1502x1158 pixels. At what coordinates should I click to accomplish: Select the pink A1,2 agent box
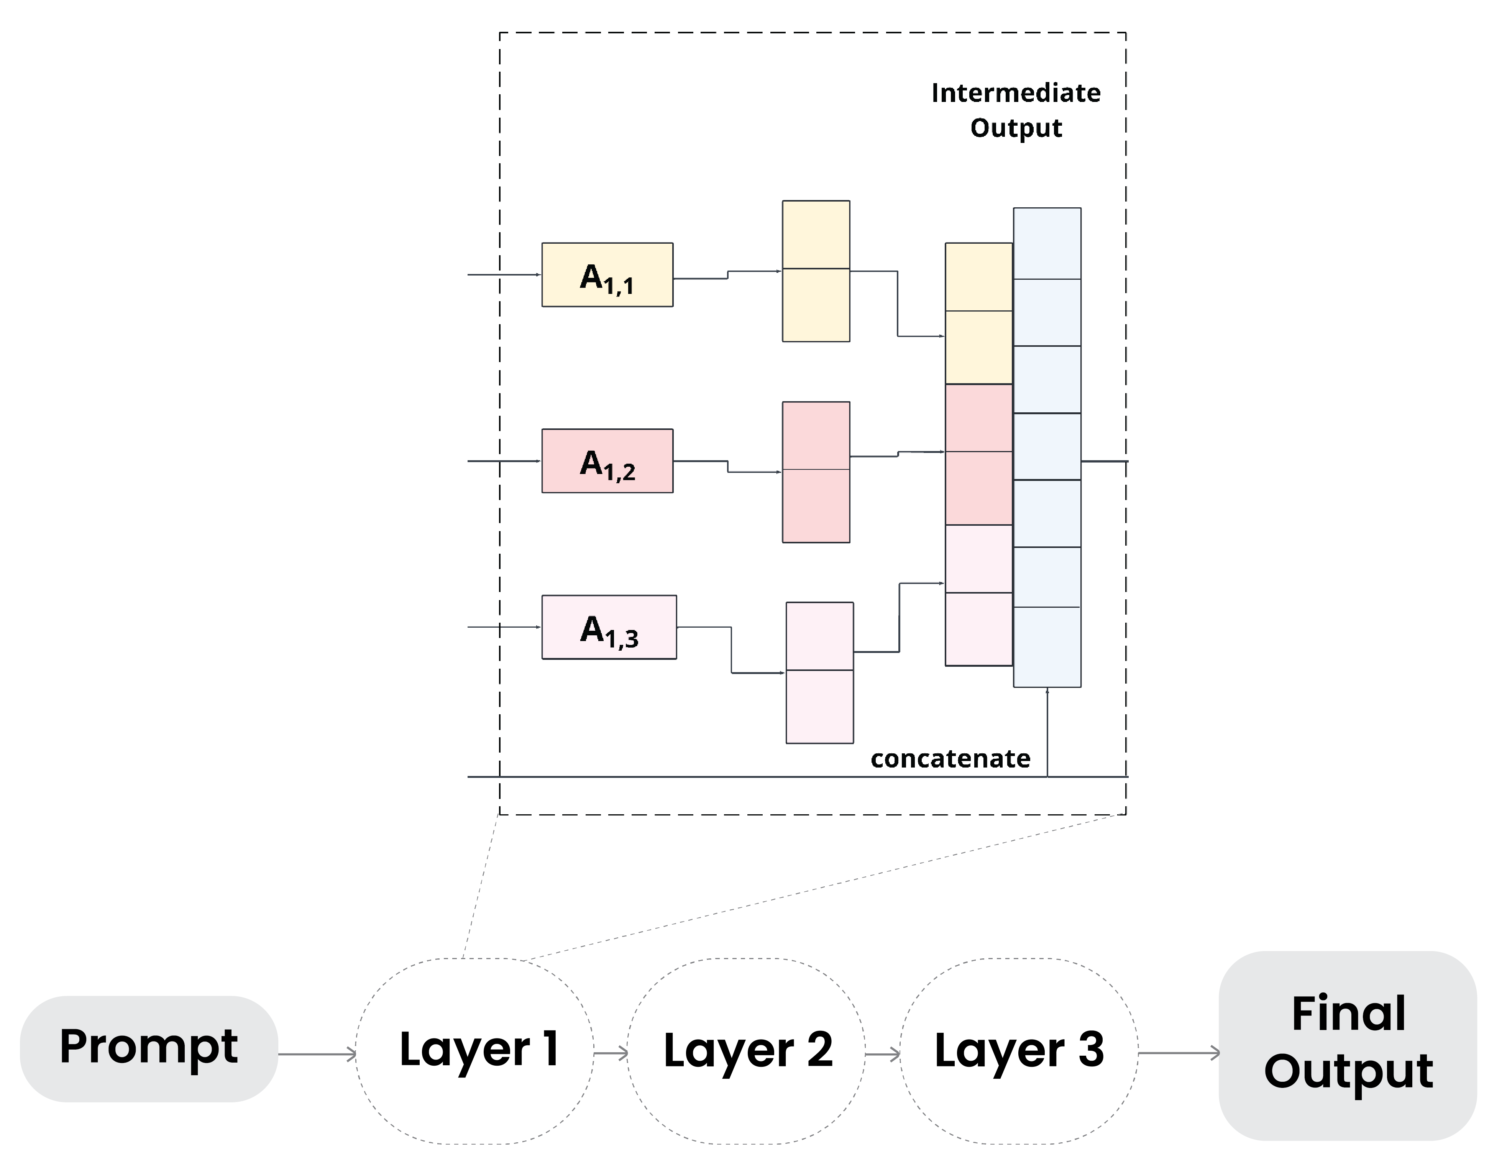607,461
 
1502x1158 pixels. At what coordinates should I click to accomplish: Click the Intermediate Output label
1015,110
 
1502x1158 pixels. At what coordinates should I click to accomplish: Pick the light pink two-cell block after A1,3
820,672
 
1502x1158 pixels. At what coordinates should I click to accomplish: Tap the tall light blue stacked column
1047,447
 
